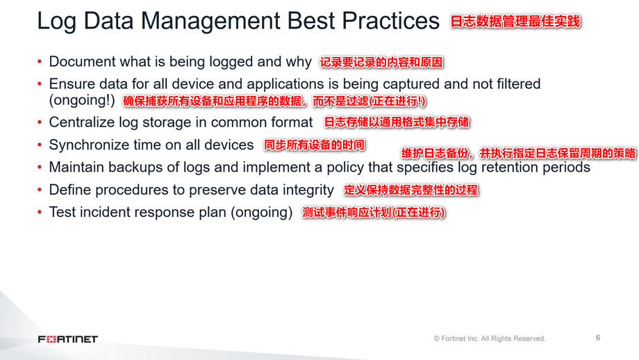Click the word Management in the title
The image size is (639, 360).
tap(210, 22)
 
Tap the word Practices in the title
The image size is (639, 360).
tap(390, 20)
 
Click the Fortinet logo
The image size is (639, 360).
tap(68, 339)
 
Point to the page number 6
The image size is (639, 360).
tap(598, 338)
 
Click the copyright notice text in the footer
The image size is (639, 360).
tap(490, 338)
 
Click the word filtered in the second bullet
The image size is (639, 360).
tap(518, 84)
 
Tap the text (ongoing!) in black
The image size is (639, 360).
tap(82, 100)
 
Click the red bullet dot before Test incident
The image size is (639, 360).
tap(40, 212)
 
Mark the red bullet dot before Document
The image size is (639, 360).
tap(40, 62)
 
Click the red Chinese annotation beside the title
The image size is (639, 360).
tap(515, 22)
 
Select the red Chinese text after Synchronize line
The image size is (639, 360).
tap(314, 145)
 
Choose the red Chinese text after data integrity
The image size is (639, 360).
tap(410, 190)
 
